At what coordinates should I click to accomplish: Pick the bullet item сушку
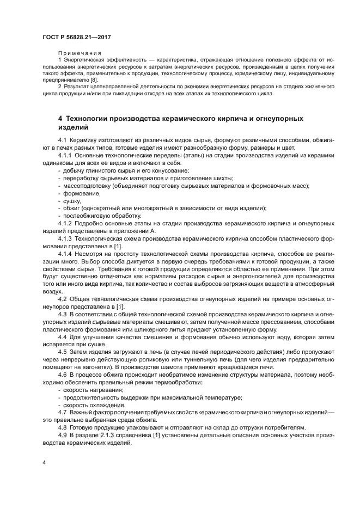coord(72,201)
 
